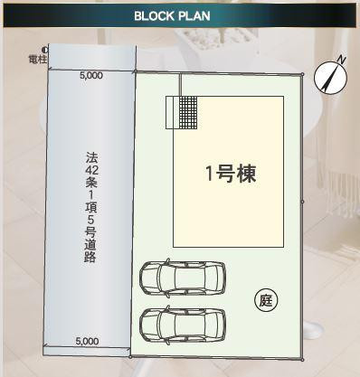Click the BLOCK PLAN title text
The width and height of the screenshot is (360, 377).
point(172,16)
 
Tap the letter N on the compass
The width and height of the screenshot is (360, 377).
point(341,60)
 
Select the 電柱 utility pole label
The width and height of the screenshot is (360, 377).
point(38,60)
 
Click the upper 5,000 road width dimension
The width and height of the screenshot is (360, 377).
point(91,76)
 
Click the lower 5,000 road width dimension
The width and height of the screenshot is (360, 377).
point(87,342)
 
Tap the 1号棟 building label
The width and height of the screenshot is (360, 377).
point(231,174)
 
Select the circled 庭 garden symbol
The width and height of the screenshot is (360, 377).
point(266,300)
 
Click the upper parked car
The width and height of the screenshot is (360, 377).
point(183,278)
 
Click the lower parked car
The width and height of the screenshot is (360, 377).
point(183,325)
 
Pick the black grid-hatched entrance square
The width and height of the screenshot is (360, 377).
point(188,112)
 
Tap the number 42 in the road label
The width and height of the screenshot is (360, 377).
point(91,170)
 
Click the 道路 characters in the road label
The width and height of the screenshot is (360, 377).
point(90,250)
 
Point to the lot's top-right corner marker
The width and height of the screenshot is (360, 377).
point(302,74)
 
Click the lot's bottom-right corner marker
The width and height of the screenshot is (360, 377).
point(302,360)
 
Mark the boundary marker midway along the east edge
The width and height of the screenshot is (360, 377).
point(302,202)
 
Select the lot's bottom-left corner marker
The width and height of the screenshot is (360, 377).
point(130,357)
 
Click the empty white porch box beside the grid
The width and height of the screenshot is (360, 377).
point(173,112)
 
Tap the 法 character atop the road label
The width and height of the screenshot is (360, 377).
point(91,157)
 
